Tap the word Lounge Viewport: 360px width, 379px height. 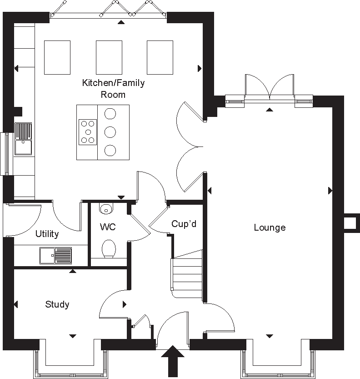(x=270, y=227)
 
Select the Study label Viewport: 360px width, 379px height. (x=57, y=304)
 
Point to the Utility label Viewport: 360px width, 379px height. (x=47, y=234)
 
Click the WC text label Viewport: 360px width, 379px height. (x=106, y=226)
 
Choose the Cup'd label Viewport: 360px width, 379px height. (x=184, y=224)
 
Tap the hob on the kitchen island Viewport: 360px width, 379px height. (x=87, y=131)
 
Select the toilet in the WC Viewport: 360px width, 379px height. (x=108, y=249)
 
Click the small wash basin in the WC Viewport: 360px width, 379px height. (x=106, y=209)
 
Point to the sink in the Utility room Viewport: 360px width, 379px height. (x=55, y=255)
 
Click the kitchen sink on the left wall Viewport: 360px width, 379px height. (x=23, y=139)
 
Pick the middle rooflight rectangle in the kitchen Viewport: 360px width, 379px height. (x=109, y=57)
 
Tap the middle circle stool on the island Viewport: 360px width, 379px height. (x=110, y=132)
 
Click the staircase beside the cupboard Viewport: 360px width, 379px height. (x=186, y=275)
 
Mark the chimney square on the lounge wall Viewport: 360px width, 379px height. (x=350, y=222)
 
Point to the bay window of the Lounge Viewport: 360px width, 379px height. (x=278, y=359)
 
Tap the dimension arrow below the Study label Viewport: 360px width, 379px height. (x=72, y=336)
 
